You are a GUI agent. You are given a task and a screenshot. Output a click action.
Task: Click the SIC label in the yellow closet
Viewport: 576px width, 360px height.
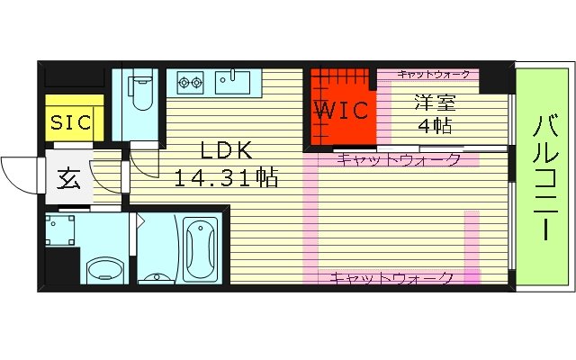(x=69, y=122)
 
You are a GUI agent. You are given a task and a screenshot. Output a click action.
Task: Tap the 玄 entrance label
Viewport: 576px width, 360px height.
(x=69, y=177)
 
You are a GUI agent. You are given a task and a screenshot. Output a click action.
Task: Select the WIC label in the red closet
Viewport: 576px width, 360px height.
(x=341, y=112)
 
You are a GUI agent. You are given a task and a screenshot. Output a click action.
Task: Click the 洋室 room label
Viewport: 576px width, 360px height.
(x=434, y=102)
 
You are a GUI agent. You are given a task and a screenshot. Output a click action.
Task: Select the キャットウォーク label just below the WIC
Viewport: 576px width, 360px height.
(x=399, y=160)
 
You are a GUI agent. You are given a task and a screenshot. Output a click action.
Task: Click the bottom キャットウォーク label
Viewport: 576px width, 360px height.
(x=391, y=278)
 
